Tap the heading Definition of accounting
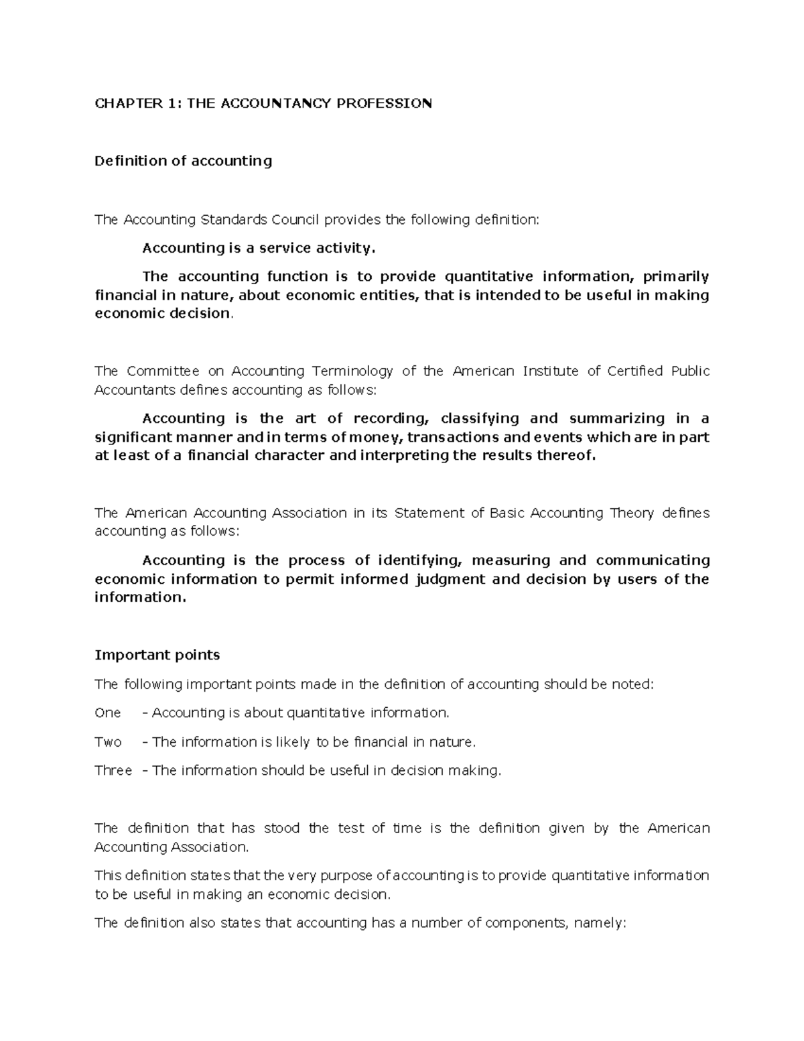pyautogui.click(x=183, y=161)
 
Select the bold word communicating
pyautogui.click(x=652, y=560)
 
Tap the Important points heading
pyautogui.click(x=157, y=655)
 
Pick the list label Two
pyautogui.click(x=108, y=742)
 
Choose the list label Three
pyautogui.click(x=113, y=771)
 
